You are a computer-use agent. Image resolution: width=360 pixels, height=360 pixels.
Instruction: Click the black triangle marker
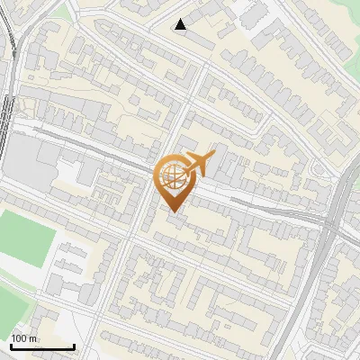181,24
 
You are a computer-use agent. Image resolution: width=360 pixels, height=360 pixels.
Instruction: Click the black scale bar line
42,346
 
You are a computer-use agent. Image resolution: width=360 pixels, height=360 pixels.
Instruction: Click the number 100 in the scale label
21,338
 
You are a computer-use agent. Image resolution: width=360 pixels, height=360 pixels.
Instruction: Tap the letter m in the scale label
34,338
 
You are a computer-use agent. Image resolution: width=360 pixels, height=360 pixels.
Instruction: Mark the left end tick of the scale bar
11,346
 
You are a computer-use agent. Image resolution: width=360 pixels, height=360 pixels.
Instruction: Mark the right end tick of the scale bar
74,346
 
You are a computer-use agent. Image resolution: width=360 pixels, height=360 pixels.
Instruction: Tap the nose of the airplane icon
214,157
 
